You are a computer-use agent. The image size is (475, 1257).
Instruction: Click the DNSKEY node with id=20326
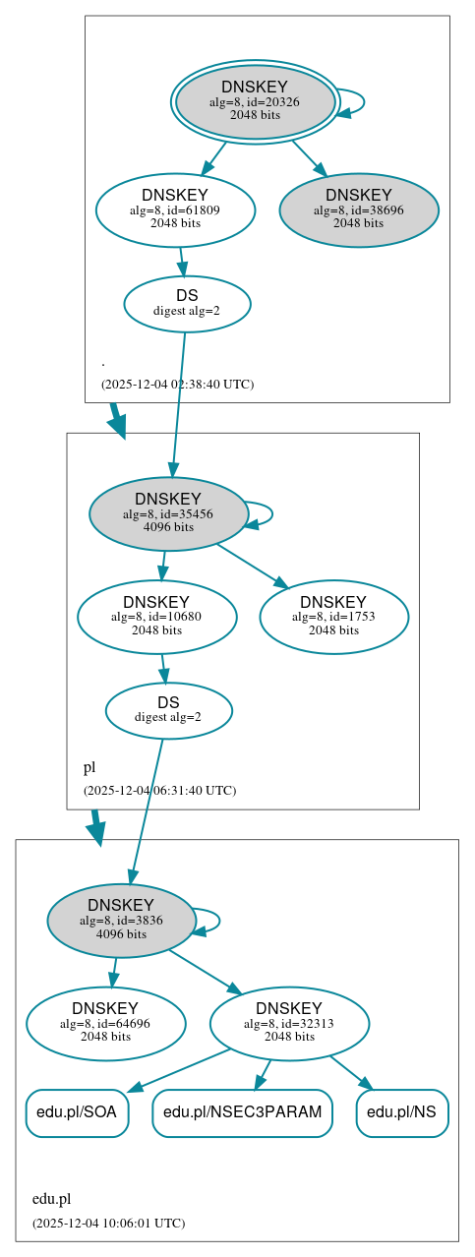pyautogui.click(x=255, y=101)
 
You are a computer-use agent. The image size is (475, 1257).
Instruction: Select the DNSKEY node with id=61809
pyautogui.click(x=175, y=209)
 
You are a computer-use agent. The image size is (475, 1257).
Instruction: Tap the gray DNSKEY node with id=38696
pyautogui.click(x=359, y=209)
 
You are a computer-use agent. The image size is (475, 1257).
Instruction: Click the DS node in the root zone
pyautogui.click(x=187, y=303)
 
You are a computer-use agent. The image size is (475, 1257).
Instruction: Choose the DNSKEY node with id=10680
pyautogui.click(x=156, y=617)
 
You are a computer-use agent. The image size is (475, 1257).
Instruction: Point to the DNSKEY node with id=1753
pyautogui.click(x=333, y=617)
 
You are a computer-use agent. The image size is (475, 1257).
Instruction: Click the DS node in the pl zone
pyautogui.click(x=168, y=710)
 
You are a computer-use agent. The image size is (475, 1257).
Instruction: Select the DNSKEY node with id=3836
pyautogui.click(x=121, y=920)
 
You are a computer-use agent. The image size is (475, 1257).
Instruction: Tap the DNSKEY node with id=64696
pyautogui.click(x=106, y=1023)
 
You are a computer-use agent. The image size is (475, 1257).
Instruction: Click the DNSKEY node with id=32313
pyautogui.click(x=289, y=1023)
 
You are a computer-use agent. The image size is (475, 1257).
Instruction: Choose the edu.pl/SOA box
pyautogui.click(x=77, y=1112)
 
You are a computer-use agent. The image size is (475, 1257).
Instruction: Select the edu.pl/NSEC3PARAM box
pyautogui.click(x=242, y=1112)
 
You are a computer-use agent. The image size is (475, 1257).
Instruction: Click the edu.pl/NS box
pyautogui.click(x=402, y=1112)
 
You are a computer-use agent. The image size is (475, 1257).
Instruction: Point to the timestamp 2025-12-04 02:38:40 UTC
pyautogui.click(x=177, y=384)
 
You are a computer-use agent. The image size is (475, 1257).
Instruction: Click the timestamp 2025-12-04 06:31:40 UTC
pyautogui.click(x=159, y=790)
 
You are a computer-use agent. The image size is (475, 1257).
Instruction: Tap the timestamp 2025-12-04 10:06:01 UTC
pyautogui.click(x=108, y=1223)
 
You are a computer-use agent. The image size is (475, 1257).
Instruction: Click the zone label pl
pyautogui.click(x=89, y=767)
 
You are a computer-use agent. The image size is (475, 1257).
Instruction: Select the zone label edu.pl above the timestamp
pyautogui.click(x=51, y=1199)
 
